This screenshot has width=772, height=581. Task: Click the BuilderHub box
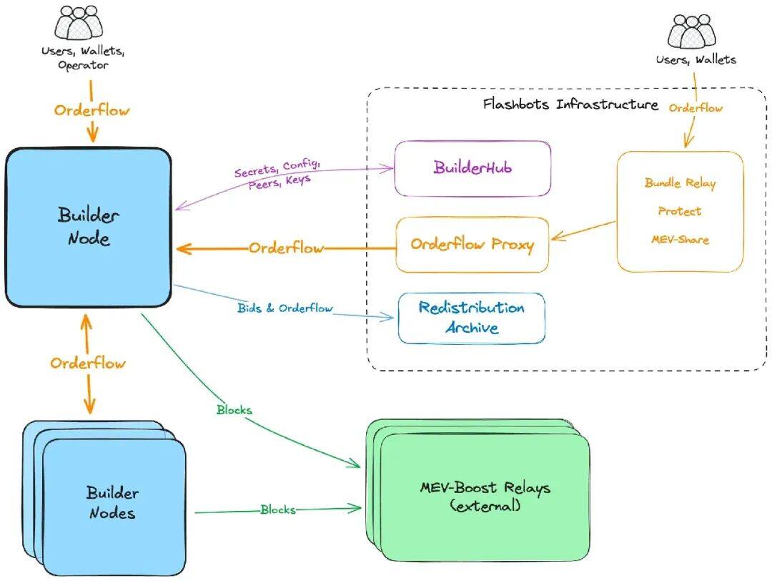click(x=472, y=168)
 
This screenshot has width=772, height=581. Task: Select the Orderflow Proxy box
click(x=472, y=245)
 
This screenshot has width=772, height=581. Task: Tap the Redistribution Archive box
click(x=471, y=318)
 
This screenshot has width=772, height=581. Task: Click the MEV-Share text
click(x=680, y=239)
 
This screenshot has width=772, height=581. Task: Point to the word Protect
click(x=680, y=211)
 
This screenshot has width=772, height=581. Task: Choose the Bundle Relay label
click(x=680, y=183)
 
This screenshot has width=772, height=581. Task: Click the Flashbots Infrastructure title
click(x=570, y=104)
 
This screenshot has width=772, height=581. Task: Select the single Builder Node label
click(x=89, y=226)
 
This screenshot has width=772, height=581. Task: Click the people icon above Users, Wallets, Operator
click(x=79, y=24)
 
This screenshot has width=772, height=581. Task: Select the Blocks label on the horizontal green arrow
click(x=277, y=510)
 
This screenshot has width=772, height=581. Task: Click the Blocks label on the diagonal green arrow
click(x=234, y=411)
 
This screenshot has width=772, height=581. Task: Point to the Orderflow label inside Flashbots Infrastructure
click(x=696, y=108)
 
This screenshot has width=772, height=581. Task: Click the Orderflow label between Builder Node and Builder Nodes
click(x=88, y=363)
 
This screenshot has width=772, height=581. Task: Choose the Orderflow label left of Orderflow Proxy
click(x=286, y=248)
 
